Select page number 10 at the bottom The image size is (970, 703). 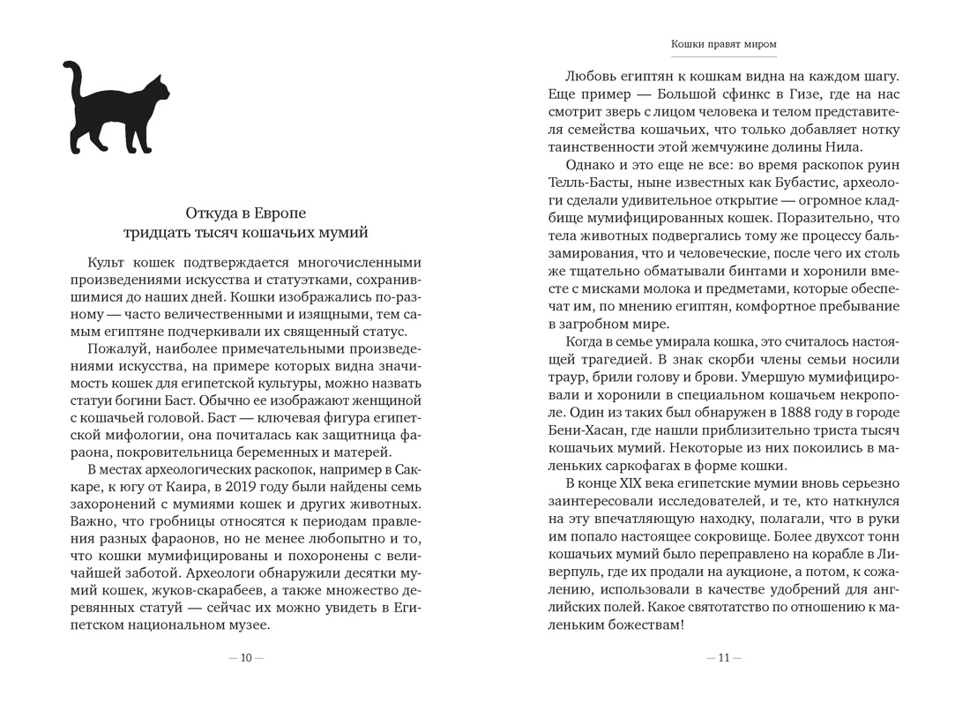(246, 657)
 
